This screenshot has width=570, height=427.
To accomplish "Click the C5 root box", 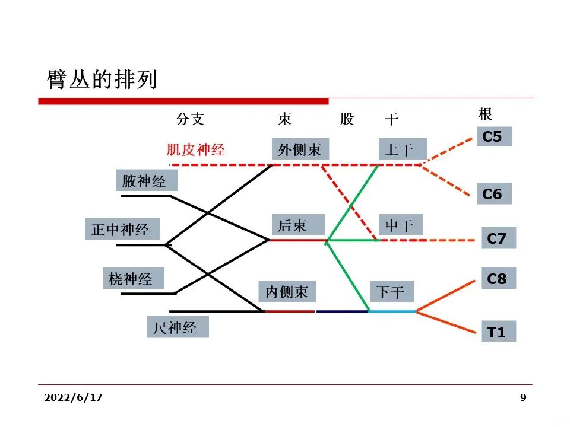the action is [493, 137].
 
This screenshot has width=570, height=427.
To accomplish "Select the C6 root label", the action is [493, 194].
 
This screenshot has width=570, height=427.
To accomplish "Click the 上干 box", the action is [403, 149].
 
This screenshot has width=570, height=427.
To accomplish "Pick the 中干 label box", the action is [400, 225].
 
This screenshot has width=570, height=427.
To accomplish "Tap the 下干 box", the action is [391, 292].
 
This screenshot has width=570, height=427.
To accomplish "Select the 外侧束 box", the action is [300, 149].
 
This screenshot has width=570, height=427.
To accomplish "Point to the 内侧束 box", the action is [287, 291].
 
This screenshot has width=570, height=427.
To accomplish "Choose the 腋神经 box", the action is [144, 180].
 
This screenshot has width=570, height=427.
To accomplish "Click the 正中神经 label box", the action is [121, 229].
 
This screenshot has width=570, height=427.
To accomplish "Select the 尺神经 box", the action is [178, 327].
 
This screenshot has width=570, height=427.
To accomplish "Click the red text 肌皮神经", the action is [196, 149].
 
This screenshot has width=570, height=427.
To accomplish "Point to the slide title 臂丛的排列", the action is [102, 79].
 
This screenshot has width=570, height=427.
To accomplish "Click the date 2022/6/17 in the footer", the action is [73, 397].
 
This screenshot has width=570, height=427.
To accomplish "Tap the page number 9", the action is [523, 397].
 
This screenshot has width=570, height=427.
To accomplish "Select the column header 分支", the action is [190, 119].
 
